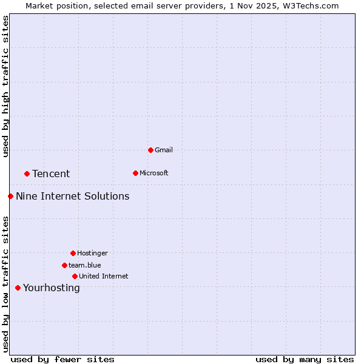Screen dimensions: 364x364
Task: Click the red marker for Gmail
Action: pyautogui.click(x=150, y=150)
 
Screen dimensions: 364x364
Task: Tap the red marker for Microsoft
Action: pyautogui.click(x=135, y=173)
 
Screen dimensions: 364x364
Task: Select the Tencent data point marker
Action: pyautogui.click(x=27, y=174)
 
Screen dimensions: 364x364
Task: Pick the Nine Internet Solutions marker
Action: pyautogui.click(x=10, y=196)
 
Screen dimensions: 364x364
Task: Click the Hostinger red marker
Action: pyautogui.click(x=73, y=253)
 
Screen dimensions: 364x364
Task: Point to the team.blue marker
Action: pyautogui.click(x=64, y=265)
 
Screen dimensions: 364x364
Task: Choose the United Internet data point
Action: pyautogui.click(x=75, y=276)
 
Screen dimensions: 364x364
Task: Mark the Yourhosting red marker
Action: pyautogui.click(x=18, y=288)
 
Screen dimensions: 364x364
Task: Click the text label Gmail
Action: pyautogui.click(x=164, y=150)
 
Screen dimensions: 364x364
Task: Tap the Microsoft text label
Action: pyautogui.click(x=154, y=173)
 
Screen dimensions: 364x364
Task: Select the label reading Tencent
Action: pyautogui.click(x=51, y=174)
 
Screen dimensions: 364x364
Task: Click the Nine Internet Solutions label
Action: pyautogui.click(x=72, y=196)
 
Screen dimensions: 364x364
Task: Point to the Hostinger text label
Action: pyautogui.click(x=92, y=253)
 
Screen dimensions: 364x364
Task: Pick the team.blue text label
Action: pyautogui.click(x=85, y=265)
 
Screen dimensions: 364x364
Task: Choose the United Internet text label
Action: pyautogui.click(x=103, y=276)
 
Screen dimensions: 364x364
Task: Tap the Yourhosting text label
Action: pyautogui.click(x=51, y=288)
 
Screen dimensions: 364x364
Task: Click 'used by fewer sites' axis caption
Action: pyautogui.click(x=62, y=359)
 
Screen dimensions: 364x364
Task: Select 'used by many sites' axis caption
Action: pyautogui.click(x=305, y=359)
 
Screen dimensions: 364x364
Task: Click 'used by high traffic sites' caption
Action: pyautogui.click(x=5, y=86)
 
